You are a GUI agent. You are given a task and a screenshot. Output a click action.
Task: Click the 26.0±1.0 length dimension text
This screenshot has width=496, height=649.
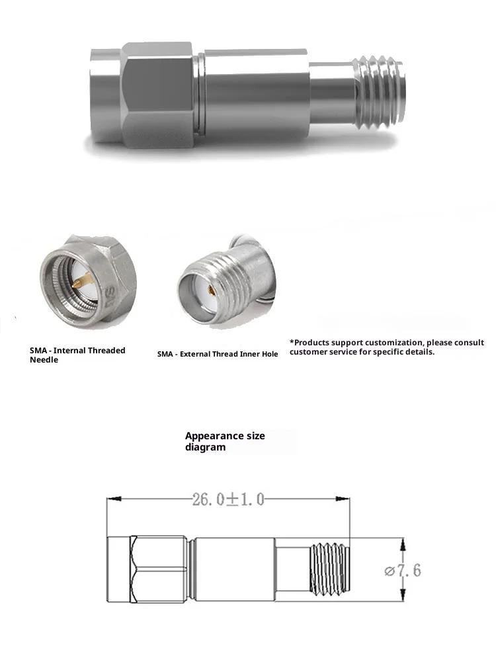[228, 499]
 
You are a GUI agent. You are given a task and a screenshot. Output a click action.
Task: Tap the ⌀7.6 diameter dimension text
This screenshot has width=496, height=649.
[402, 570]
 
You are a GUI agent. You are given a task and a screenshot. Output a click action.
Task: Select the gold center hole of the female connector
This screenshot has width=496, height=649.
[210, 290]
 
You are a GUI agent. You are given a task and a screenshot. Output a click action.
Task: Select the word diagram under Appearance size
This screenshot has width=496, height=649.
[205, 447]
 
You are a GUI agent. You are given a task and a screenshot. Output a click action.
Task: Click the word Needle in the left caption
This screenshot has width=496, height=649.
[44, 361]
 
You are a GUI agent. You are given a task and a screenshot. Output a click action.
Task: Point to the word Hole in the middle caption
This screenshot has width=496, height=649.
[268, 354]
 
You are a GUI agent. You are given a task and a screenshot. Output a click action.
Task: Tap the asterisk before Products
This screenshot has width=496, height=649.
[292, 342]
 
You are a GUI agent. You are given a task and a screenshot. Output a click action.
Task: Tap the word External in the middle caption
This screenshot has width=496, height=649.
[196, 354]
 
